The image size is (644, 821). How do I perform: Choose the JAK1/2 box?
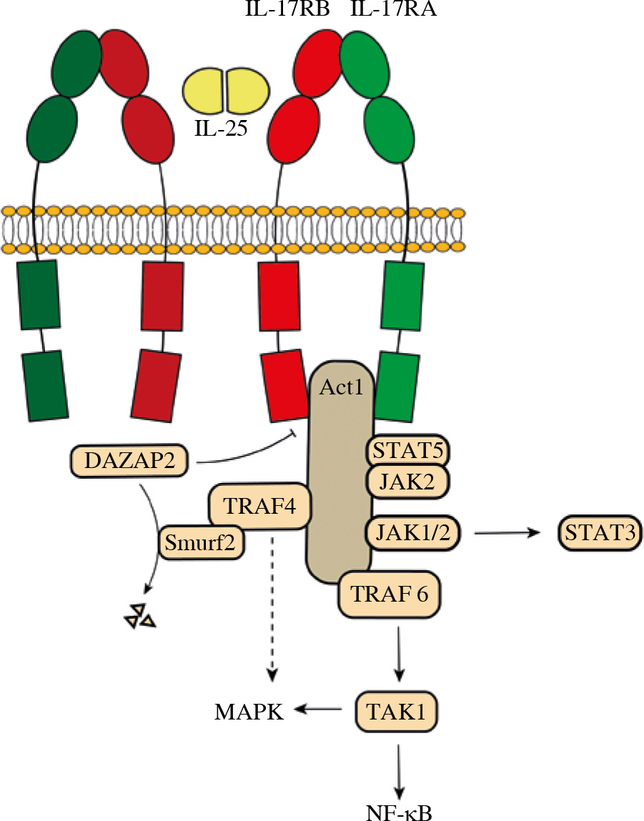411,532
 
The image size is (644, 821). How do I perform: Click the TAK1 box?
396,710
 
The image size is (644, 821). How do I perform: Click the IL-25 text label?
225,129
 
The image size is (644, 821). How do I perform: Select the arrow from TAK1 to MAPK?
321,710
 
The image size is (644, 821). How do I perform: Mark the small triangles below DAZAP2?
139,616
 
